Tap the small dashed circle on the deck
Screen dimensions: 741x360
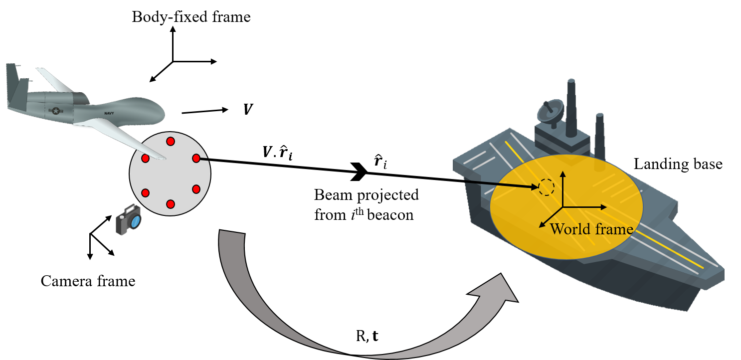pyautogui.click(x=546, y=187)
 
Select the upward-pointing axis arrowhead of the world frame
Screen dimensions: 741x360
pyautogui.click(x=563, y=174)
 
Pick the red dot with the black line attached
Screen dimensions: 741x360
pyautogui.click(x=196, y=158)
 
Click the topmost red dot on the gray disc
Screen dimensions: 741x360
pyautogui.click(x=170, y=141)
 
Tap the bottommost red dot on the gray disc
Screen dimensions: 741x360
pyautogui.click(x=170, y=204)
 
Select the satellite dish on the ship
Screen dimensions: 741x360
pyautogui.click(x=550, y=110)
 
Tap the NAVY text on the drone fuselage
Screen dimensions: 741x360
pyautogui.click(x=109, y=114)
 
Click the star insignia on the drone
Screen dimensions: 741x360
pyautogui.click(x=55, y=111)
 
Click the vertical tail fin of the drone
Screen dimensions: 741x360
pyautogui.click(x=13, y=82)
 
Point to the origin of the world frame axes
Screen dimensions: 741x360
pyautogui.click(x=563, y=206)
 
